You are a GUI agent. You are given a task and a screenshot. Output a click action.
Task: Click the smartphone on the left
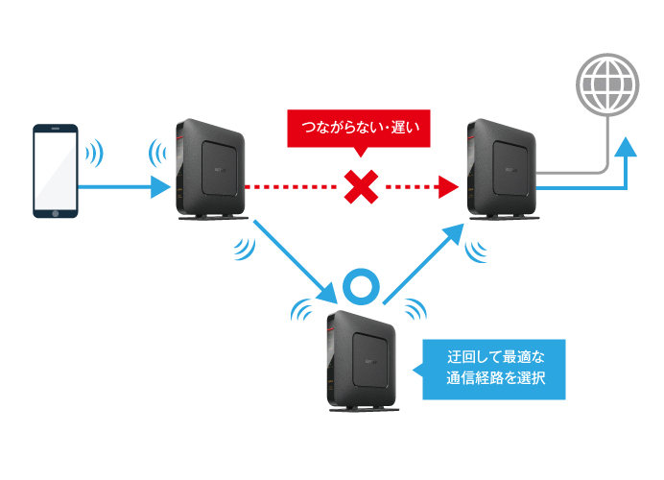(56, 171)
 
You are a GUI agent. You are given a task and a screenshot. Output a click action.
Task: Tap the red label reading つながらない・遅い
(354, 126)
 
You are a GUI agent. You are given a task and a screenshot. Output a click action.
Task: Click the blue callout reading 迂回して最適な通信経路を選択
(495, 369)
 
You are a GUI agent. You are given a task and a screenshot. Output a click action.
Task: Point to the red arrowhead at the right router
(445, 187)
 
